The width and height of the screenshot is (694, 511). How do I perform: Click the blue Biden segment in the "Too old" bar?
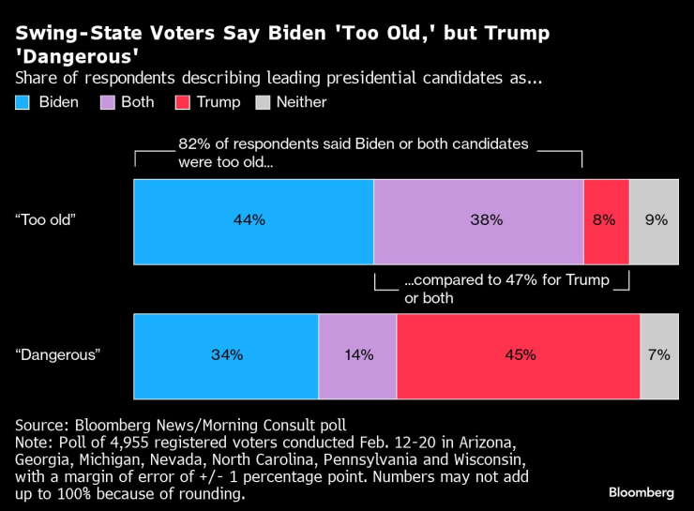click(253, 221)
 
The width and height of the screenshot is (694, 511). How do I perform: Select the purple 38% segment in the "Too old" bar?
click(478, 221)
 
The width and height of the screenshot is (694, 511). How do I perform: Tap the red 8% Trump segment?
click(606, 221)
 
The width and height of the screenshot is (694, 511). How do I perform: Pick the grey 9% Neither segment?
click(655, 221)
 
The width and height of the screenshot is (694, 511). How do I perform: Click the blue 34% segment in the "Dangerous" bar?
click(226, 356)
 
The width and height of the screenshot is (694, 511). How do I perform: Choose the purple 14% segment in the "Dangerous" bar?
click(357, 356)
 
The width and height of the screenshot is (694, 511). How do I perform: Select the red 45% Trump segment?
click(519, 356)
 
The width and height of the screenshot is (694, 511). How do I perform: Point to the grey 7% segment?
click(659, 356)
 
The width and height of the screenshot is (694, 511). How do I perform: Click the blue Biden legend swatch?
click(23, 102)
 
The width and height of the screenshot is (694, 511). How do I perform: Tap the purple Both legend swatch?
click(106, 102)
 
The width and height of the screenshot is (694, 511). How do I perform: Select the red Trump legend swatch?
click(182, 102)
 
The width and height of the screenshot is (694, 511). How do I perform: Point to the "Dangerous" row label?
click(57, 356)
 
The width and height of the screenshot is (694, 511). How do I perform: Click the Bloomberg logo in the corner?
click(641, 492)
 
